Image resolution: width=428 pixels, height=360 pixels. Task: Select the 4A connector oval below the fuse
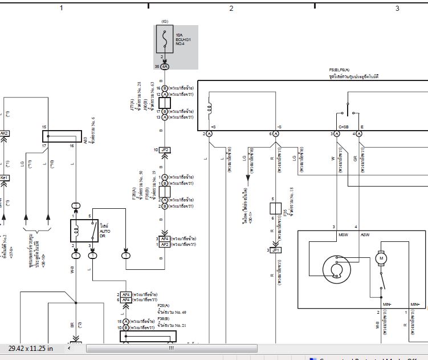pyautogui.click(x=165, y=67)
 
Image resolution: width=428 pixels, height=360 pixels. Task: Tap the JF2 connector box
pyautogui.click(x=165, y=149)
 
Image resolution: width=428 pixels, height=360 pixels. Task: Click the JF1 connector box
pyautogui.click(x=275, y=250)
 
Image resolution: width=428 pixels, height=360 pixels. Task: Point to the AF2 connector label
pyautogui.click(x=165, y=244)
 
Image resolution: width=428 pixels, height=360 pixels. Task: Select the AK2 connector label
pyautogui.click(x=4, y=134)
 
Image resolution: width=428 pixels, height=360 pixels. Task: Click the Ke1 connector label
pyautogui.click(x=4, y=177)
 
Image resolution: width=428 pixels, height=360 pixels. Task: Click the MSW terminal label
pyautogui.click(x=343, y=234)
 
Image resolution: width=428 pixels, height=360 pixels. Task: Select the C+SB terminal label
pyautogui.click(x=344, y=126)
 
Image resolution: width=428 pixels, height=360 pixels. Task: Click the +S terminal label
pyautogui.click(x=213, y=126)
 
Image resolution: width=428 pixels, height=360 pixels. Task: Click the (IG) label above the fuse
pyautogui.click(x=165, y=21)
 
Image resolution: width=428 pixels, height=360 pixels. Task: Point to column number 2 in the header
pyautogui.click(x=231, y=8)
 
